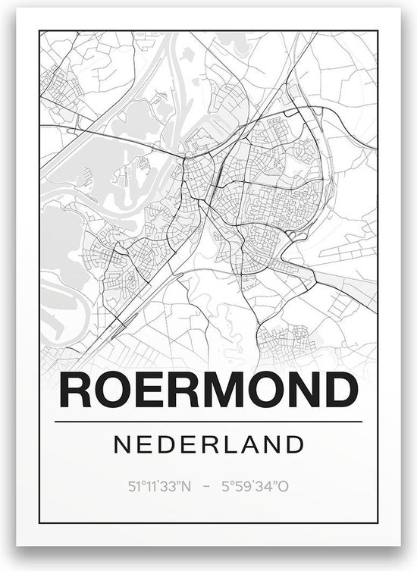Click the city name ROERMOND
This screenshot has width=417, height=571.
(x=208, y=391)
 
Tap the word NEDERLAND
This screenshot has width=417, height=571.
(x=208, y=442)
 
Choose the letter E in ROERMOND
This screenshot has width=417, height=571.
(x=151, y=391)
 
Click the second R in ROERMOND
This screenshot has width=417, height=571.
(x=186, y=391)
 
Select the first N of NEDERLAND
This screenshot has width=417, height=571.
(x=122, y=442)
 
